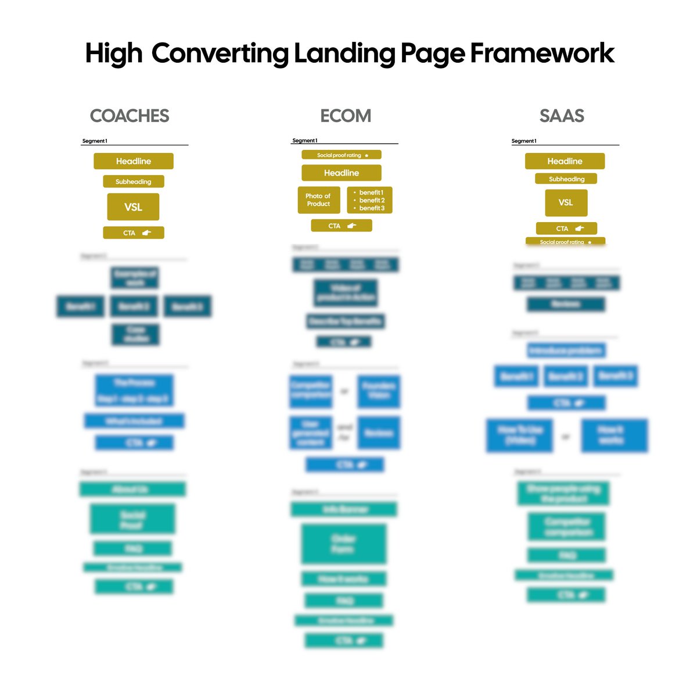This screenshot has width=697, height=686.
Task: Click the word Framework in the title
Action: click(x=541, y=53)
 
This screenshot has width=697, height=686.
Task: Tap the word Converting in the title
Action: click(x=220, y=53)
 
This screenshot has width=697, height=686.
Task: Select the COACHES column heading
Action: click(x=130, y=116)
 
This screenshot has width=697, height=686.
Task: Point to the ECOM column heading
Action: click(x=346, y=116)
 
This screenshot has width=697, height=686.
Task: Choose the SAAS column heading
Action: click(x=562, y=116)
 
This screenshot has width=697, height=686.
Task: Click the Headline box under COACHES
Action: click(x=134, y=161)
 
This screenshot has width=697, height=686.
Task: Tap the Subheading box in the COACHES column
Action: click(x=134, y=181)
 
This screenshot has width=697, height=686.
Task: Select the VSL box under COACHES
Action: click(x=133, y=207)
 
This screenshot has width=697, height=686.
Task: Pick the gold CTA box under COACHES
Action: click(x=134, y=233)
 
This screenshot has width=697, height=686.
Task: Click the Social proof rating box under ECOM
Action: click(x=342, y=155)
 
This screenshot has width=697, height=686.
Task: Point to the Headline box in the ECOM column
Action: click(x=342, y=173)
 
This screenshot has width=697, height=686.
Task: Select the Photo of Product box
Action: click(x=318, y=200)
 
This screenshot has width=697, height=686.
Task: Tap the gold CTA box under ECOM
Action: click(x=342, y=226)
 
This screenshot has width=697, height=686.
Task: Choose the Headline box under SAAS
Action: click(x=565, y=161)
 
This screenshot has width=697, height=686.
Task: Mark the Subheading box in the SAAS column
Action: click(x=566, y=179)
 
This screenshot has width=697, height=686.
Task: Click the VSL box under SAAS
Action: click(x=566, y=202)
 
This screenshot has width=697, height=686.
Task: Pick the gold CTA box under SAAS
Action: click(x=566, y=228)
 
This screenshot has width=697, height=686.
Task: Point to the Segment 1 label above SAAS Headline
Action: click(x=524, y=141)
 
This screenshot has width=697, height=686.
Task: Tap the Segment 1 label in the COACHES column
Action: click(x=95, y=141)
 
